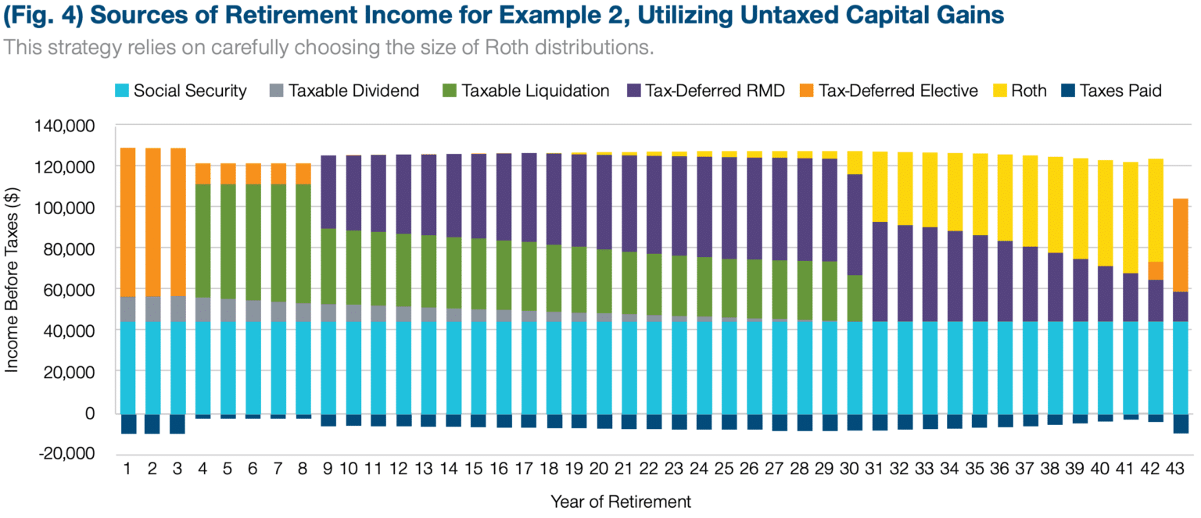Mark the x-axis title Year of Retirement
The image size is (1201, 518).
click(x=620, y=501)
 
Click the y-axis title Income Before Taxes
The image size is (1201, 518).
click(x=13, y=289)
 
